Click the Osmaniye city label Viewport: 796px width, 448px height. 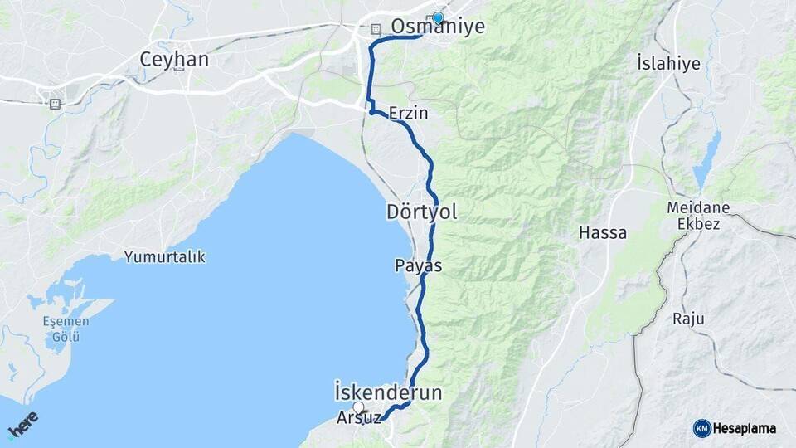pos(437,27)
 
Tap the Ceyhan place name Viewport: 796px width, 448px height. pos(174,60)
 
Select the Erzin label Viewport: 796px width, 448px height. pos(408,113)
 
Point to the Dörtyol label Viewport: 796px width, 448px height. pos(422,212)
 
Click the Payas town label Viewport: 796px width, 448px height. pos(419,266)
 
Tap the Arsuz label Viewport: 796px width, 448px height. pos(359,418)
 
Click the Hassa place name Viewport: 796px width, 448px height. pos(603,233)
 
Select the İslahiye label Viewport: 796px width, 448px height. pos(668,63)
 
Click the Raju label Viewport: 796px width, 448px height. pos(688,319)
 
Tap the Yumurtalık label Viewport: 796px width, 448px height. pos(165,257)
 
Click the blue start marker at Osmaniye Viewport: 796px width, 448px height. pos(437,17)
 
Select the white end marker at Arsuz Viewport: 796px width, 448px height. pos(359,407)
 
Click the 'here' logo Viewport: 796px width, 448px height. pos(23,424)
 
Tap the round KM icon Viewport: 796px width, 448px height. pos(701,428)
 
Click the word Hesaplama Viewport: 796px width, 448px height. pos(744,429)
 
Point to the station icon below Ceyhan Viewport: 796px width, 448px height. pos(55,104)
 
